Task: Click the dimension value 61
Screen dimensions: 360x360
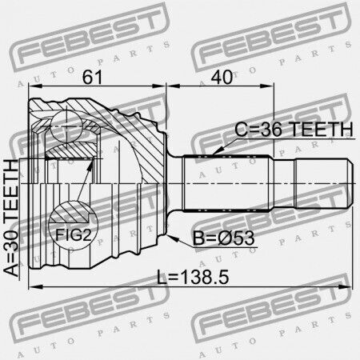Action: (92, 78)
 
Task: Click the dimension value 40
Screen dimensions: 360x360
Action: (222, 78)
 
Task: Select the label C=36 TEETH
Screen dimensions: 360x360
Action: (294, 130)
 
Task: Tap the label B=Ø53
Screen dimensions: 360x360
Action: (223, 238)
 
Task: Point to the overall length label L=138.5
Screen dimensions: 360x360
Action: (193, 277)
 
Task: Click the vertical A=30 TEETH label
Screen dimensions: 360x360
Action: (12, 218)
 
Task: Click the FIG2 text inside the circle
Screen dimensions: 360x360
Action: (74, 235)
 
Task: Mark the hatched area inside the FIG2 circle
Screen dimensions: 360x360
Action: (70, 213)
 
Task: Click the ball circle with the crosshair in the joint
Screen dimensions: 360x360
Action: (66, 126)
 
